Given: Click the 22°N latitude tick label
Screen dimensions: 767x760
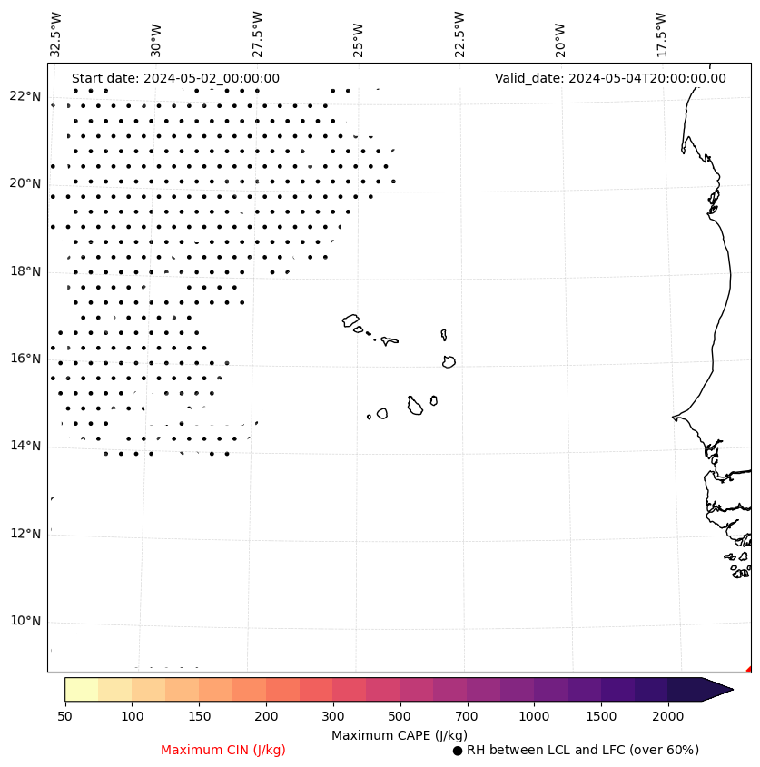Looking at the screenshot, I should click(25, 96).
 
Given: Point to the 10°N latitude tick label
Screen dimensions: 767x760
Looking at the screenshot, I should click(25, 622).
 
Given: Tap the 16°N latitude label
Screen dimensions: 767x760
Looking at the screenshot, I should click(25, 359).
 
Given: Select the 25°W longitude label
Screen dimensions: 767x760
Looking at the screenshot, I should click(359, 39).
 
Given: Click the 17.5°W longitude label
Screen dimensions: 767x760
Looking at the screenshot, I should click(661, 34).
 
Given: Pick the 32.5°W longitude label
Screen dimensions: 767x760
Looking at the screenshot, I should click(56, 34).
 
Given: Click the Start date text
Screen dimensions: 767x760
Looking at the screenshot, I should click(175, 78).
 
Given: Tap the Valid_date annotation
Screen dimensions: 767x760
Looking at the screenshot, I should click(610, 78).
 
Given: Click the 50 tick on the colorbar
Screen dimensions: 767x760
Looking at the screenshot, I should click(64, 717).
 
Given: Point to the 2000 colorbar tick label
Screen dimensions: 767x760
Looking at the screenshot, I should click(668, 717).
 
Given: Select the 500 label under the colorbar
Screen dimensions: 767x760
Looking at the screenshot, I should click(400, 717).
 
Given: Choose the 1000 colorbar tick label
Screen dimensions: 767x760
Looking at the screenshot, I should click(534, 717).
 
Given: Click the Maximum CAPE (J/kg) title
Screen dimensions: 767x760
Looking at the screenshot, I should click(399, 735).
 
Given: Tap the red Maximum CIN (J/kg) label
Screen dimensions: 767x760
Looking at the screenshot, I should click(223, 751).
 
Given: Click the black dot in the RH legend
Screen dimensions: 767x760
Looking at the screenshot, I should click(458, 751).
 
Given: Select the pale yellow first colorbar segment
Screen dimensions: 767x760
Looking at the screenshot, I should click(82, 689).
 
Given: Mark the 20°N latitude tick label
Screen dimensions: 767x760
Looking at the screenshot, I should click(25, 183).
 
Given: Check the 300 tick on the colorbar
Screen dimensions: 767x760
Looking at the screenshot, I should click(332, 717).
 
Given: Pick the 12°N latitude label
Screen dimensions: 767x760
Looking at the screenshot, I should click(25, 534).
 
